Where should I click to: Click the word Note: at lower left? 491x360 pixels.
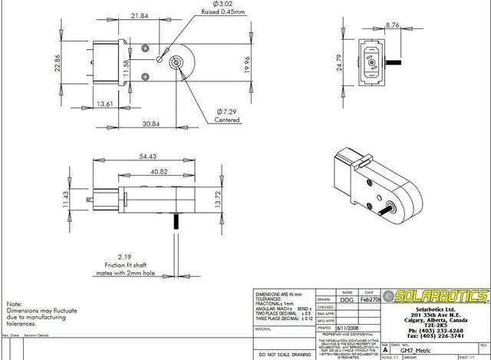14,303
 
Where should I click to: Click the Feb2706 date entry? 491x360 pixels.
371,299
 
